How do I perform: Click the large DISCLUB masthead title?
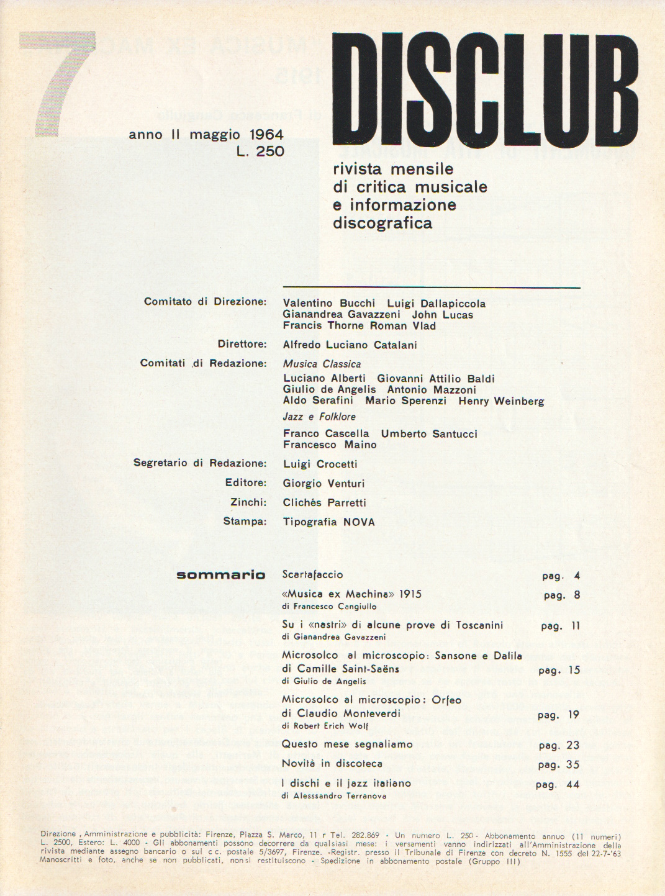click(485, 90)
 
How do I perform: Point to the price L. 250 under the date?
click(260, 151)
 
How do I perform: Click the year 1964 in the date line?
click(266, 134)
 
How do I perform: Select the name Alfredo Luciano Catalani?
click(350, 345)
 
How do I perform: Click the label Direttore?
click(242, 344)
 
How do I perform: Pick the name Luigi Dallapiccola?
click(436, 304)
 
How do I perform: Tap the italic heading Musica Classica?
click(322, 364)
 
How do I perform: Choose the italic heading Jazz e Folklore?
click(319, 417)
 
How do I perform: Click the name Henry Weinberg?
click(501, 401)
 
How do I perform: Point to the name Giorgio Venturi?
click(323, 483)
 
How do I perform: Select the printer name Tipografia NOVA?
click(328, 522)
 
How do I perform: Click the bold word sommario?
click(220, 575)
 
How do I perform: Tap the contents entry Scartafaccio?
click(312, 575)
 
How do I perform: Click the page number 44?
click(573, 785)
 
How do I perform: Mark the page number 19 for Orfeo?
click(573, 715)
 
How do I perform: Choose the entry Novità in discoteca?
click(332, 764)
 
